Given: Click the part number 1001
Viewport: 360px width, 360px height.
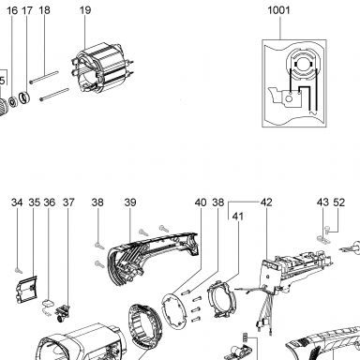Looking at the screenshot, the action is click(278, 10).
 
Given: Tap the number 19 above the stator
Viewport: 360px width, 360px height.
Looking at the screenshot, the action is click(85, 10).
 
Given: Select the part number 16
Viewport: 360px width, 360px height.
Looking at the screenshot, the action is click(12, 10).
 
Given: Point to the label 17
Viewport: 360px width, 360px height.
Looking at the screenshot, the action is click(27, 10).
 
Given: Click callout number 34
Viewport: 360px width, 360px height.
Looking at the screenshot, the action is click(17, 202).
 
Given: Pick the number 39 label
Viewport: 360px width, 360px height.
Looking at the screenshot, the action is click(130, 202).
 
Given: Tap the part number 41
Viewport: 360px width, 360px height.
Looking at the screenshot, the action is click(238, 217).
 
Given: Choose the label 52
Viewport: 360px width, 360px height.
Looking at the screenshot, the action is click(339, 202).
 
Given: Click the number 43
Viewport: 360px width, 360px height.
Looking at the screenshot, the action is click(322, 202).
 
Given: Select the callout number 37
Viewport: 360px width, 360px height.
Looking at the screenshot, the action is click(68, 202).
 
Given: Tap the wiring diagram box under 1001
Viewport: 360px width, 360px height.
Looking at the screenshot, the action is click(294, 83).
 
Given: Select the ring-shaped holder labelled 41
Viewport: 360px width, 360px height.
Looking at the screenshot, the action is click(220, 298).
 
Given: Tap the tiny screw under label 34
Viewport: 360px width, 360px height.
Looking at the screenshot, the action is click(19, 270).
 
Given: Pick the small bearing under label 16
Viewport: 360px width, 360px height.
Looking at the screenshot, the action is click(13, 102).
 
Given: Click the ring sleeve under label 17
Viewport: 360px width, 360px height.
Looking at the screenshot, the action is click(24, 97).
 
